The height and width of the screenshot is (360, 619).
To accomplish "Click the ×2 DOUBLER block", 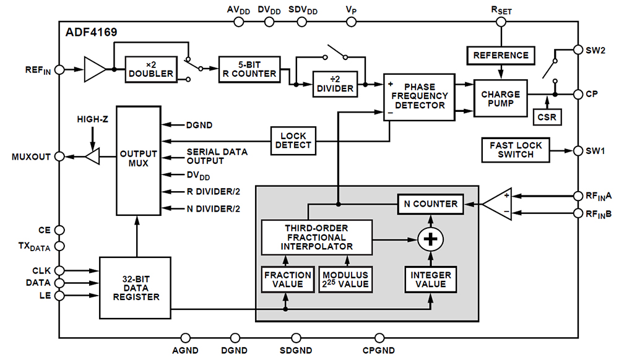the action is [151, 69].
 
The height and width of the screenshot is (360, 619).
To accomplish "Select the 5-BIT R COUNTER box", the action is [249, 69].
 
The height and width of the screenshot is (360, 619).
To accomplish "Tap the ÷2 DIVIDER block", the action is [335, 84].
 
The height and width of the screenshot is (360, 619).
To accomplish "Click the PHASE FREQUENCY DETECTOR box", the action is [419, 97].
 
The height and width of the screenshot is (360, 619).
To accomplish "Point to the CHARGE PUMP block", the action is [501, 98].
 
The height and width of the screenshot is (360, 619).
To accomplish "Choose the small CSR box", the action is [547, 117].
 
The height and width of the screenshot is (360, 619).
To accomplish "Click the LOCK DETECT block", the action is [293, 141].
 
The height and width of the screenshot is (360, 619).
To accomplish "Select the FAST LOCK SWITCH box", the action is [516, 150].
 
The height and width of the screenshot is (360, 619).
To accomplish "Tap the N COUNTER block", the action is [430, 204].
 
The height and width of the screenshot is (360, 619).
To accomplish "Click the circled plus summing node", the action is [430, 239].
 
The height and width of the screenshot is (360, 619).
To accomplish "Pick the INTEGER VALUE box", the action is [430, 280].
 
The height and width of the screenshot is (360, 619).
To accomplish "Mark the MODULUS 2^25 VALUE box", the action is [345, 280].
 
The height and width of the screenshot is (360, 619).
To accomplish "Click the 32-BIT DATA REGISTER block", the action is [136, 288].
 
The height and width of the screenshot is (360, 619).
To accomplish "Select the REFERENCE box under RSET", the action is [501, 55].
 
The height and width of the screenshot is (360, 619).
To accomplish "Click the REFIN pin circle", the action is [59, 70].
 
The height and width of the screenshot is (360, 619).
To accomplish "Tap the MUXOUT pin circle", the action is [59, 156].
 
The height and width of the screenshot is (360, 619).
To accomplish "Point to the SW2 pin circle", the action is [578, 49].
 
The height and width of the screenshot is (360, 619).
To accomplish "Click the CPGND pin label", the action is [379, 350].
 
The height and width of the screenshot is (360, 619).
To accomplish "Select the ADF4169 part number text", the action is [91, 32].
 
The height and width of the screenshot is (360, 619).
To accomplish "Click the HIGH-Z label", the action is [92, 119].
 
